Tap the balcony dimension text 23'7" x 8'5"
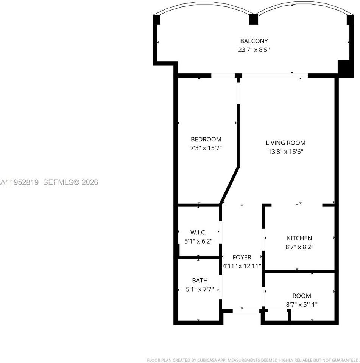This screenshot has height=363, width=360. [x=254, y=50]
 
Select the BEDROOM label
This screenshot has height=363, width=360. [x=206, y=139]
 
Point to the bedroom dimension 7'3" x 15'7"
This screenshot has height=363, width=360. [x=206, y=148]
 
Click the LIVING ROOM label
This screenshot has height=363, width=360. [x=285, y=143]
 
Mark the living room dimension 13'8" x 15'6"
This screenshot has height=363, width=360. [x=285, y=152]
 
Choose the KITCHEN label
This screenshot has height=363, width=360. [x=299, y=238]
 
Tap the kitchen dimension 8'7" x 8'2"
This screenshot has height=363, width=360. [x=299, y=247]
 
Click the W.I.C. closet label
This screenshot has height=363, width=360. [x=198, y=232]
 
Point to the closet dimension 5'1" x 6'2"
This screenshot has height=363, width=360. [x=198, y=241]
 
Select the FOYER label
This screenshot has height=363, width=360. [x=242, y=257]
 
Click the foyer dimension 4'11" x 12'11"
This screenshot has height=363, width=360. [x=242, y=266]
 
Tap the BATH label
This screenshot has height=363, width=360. [x=199, y=281]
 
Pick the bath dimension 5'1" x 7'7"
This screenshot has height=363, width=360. [x=199, y=290]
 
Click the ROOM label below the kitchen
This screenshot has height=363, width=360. [x=302, y=296]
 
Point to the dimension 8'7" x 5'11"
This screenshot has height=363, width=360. [x=302, y=304]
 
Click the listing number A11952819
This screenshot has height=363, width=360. [x=19, y=182]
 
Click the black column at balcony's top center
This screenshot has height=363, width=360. [x=253, y=19]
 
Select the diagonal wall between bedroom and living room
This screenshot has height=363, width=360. [x=229, y=185]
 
